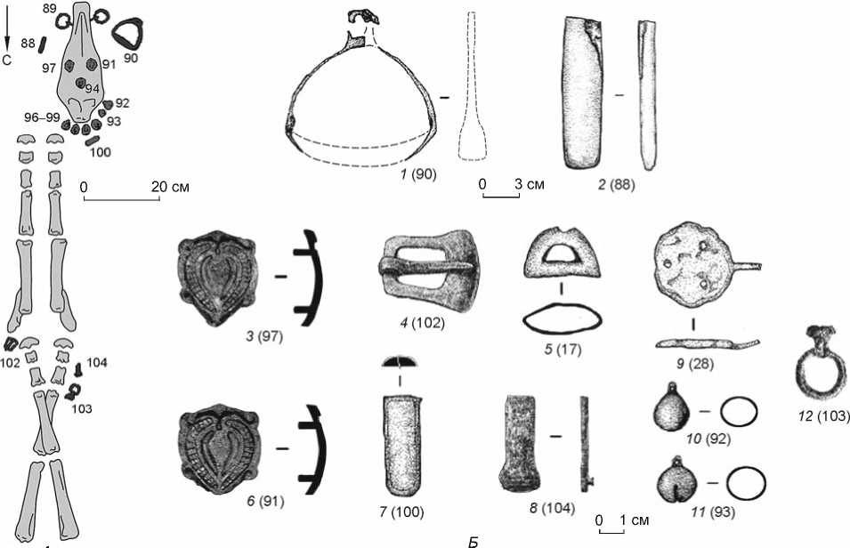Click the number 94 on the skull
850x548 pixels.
tap(93, 87)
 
